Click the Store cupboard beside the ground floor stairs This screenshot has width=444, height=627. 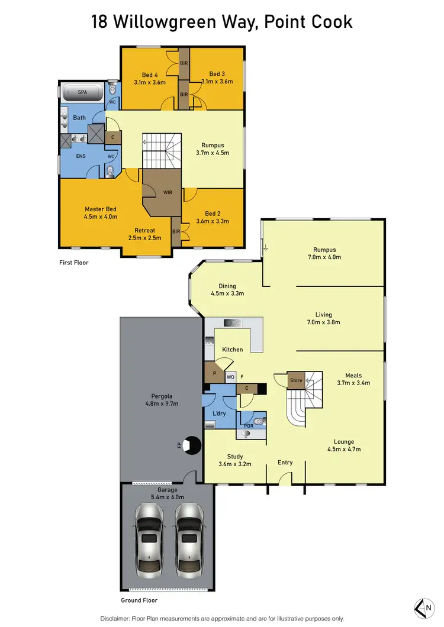[296, 380]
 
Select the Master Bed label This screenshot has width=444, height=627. [100, 209]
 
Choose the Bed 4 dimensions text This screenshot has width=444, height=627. [150, 82]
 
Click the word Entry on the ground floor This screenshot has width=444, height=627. [285, 462]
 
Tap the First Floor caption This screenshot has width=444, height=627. [73, 262]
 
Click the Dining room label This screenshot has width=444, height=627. [227, 285]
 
